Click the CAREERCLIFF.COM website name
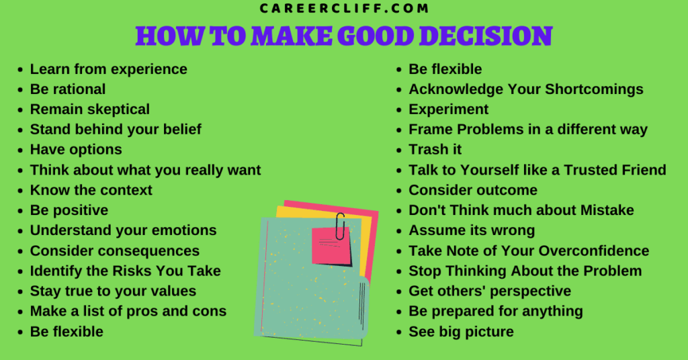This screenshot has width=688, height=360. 344,8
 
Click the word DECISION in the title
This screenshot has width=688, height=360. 486,36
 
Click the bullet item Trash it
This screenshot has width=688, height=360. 435,150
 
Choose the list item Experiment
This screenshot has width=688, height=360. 448,109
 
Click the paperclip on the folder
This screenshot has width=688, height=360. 340,226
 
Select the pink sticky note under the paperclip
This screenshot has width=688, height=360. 331,246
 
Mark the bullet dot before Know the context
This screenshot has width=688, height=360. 20,191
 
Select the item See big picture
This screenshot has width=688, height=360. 461,332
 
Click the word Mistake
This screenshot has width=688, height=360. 607,210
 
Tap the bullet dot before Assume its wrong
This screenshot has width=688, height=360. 399,231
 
